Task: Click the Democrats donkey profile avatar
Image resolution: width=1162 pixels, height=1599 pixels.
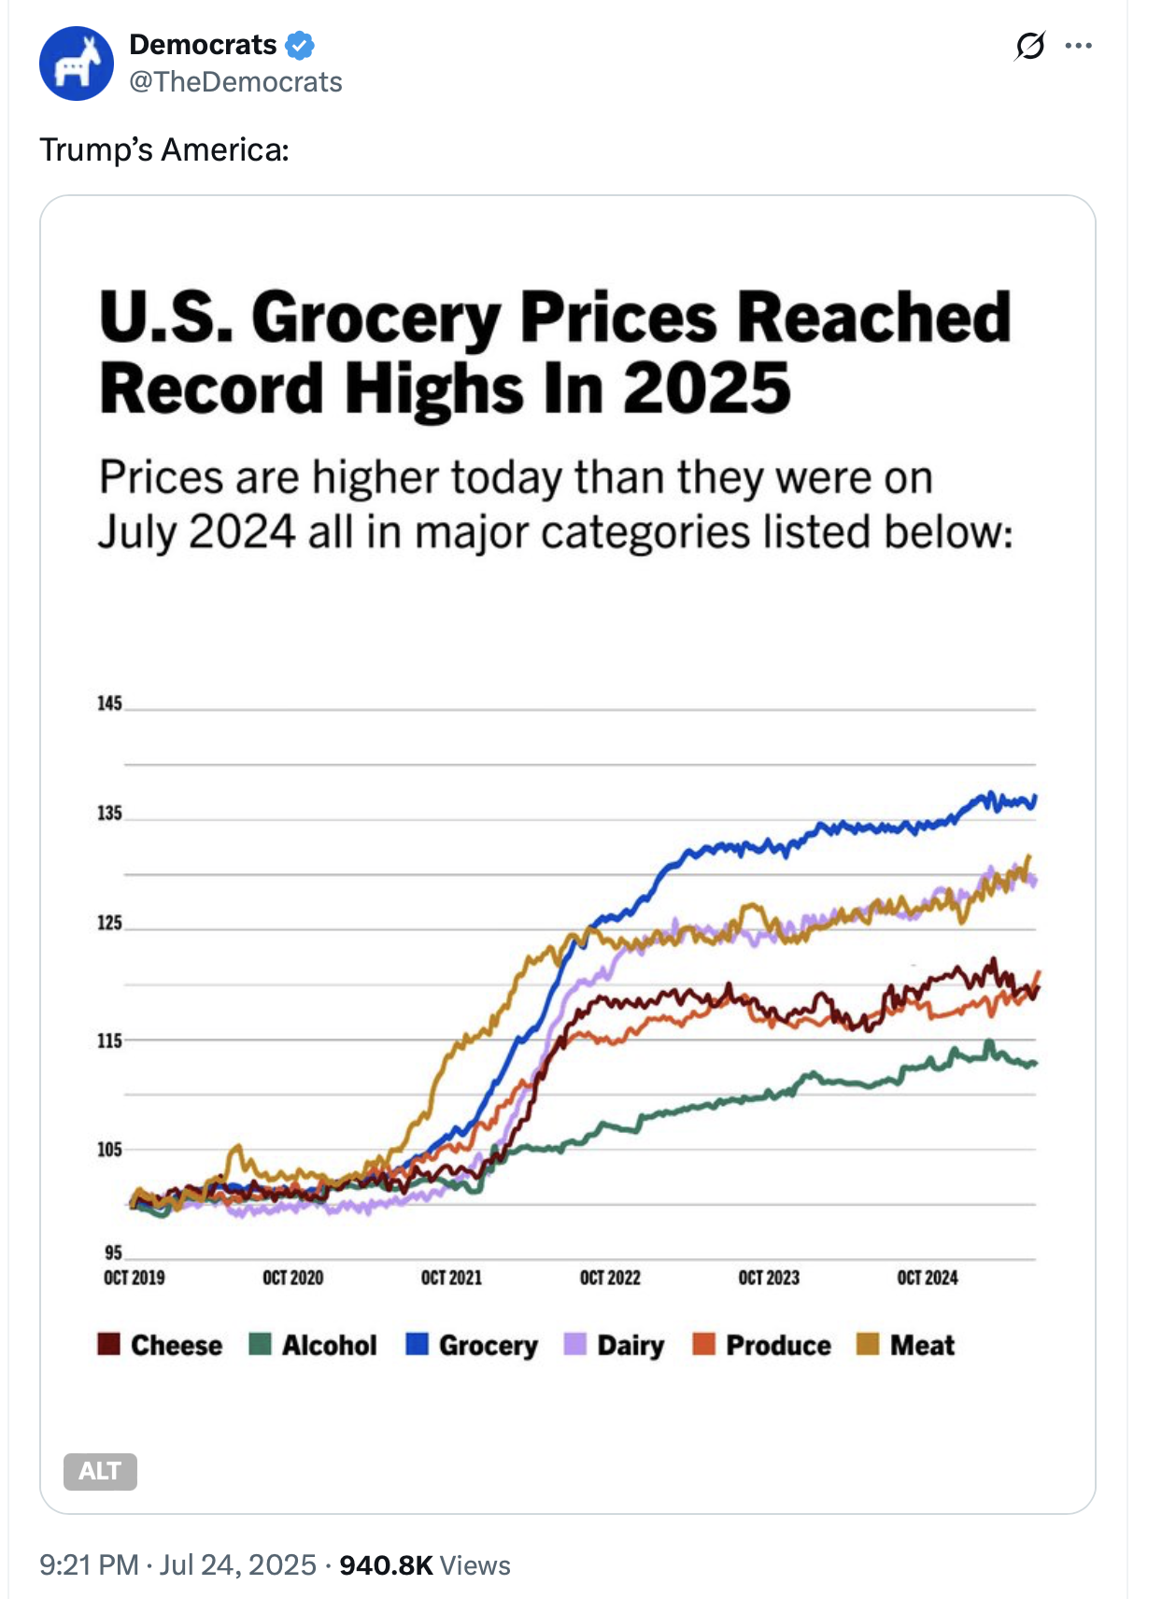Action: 77,64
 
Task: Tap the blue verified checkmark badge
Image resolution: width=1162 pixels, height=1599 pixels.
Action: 300,45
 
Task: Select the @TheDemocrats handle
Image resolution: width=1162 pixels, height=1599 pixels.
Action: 235,82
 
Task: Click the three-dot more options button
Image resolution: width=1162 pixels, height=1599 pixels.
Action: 1078,46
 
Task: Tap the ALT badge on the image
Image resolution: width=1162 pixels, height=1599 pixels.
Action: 100,1471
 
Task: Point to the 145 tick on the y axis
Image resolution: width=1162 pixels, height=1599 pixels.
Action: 109,703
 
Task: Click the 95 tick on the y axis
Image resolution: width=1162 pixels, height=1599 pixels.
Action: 113,1252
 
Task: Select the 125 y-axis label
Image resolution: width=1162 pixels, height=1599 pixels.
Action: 109,923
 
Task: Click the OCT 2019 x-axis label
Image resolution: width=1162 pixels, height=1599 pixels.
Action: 135,1278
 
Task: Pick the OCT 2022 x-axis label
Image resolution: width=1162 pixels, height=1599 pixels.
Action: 610,1278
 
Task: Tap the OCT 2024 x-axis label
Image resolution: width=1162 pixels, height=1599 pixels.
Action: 928,1278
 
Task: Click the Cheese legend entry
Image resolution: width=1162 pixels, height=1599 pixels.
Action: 161,1345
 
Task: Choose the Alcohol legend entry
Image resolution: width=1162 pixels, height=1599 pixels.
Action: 313,1345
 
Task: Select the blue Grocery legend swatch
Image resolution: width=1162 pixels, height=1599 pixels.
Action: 418,1344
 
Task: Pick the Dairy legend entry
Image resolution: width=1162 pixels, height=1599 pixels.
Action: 615,1345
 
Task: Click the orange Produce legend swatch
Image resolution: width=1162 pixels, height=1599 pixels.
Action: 703,1344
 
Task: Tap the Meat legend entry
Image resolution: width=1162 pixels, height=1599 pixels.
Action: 906,1345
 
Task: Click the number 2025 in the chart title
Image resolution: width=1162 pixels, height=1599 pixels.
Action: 707,389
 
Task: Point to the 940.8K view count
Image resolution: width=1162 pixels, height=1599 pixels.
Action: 386,1565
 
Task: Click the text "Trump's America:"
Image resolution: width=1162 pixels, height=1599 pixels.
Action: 164,149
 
